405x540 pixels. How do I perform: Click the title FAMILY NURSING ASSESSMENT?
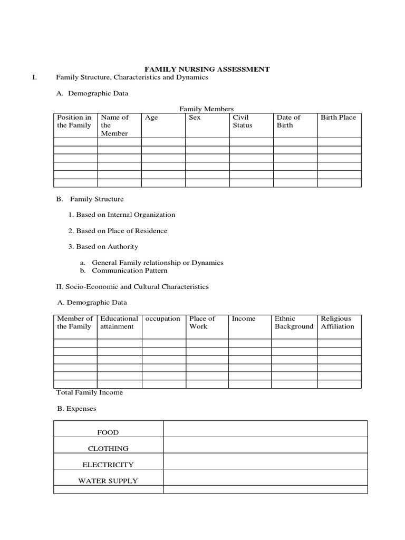click(207, 69)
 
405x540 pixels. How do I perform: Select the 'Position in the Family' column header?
click(74, 121)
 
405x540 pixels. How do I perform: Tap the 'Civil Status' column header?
click(242, 121)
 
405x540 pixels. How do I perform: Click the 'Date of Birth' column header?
click(288, 121)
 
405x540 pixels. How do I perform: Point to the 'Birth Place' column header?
click(338, 118)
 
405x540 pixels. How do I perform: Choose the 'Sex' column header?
click(195, 118)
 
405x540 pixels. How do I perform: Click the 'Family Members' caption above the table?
click(206, 109)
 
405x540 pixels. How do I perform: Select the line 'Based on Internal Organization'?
click(121, 215)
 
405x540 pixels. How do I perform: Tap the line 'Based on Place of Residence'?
click(118, 230)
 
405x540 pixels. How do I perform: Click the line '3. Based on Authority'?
click(103, 246)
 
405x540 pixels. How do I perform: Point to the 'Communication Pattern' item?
click(129, 271)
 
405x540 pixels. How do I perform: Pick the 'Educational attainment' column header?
click(119, 322)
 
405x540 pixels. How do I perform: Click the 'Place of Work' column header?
click(202, 322)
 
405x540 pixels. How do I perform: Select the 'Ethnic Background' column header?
click(294, 322)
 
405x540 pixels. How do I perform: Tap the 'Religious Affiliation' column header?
click(337, 322)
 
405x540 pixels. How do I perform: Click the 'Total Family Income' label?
click(89, 392)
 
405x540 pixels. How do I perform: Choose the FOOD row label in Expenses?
click(108, 432)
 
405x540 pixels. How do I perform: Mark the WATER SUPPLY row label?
click(108, 480)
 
